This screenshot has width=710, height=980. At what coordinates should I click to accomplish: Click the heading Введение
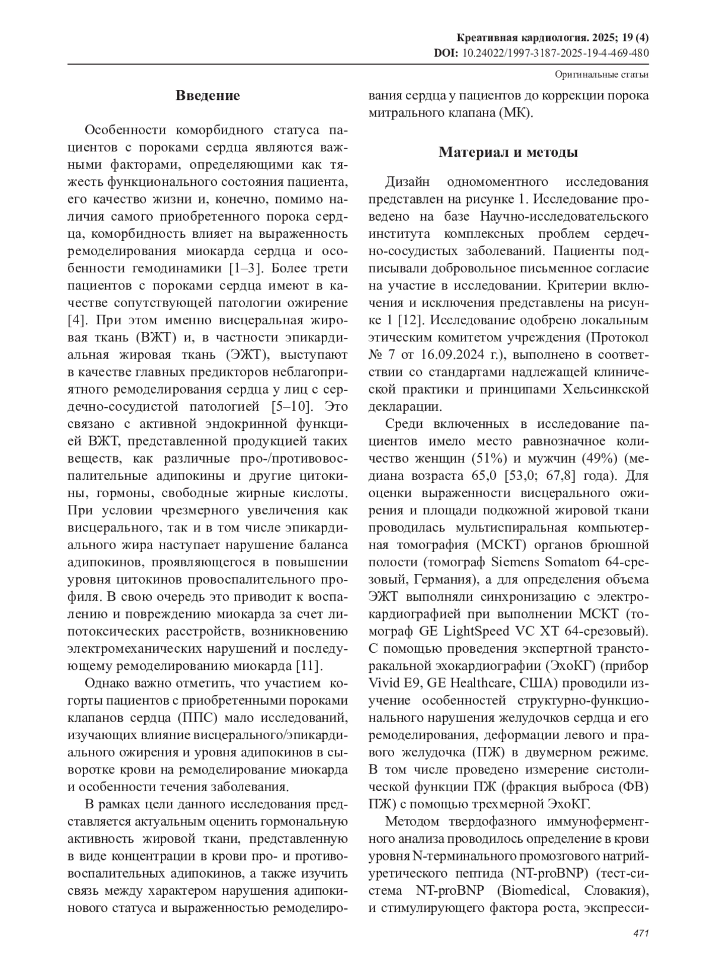tap(208, 96)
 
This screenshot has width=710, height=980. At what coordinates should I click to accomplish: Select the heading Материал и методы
tap(508, 153)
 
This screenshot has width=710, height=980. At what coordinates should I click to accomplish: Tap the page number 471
tap(641, 933)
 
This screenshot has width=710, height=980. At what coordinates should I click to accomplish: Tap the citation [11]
tap(309, 666)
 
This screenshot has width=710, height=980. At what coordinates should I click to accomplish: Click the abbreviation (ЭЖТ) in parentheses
tap(241, 355)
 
